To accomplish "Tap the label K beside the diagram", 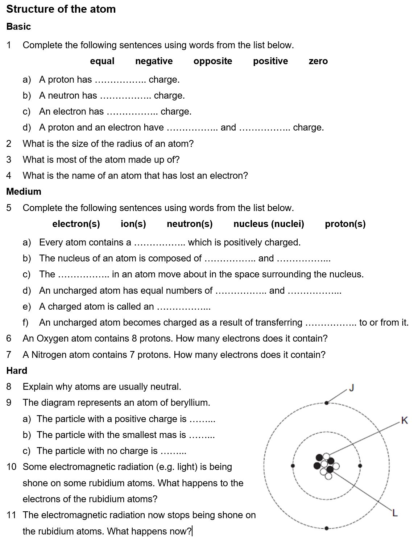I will point(405,421).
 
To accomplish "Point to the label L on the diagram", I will point(395,513).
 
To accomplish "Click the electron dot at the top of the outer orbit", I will point(327,402).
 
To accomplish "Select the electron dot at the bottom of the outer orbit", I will point(327,528).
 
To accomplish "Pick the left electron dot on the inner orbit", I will point(293,466).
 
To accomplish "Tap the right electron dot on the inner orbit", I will point(360,466).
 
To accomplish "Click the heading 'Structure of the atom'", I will point(61,9).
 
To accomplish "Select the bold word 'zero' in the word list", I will point(318,61).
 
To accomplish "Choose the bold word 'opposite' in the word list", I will point(213,61).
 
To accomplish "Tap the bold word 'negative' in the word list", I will point(154,61).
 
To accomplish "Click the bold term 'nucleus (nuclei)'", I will point(269,224).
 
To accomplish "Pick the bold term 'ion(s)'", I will point(133,224).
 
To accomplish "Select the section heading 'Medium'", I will point(24,191).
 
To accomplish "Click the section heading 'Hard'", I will point(17,371).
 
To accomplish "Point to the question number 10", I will point(12,467).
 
